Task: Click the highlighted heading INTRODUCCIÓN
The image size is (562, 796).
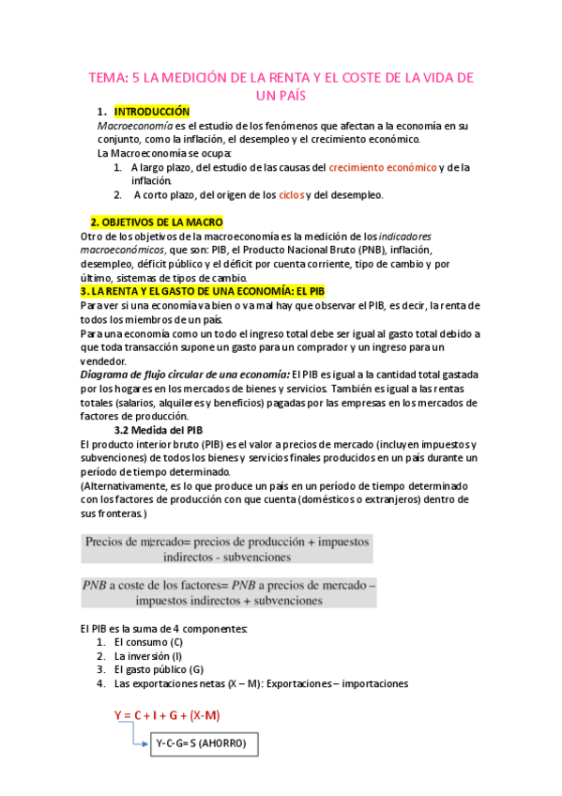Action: (164, 112)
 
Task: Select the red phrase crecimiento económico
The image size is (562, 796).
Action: (382, 167)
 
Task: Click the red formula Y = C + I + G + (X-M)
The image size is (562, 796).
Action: (167, 715)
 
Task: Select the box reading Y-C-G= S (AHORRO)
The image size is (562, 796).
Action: (200, 743)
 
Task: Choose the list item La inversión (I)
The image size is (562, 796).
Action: (148, 656)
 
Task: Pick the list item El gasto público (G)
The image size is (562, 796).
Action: (159, 670)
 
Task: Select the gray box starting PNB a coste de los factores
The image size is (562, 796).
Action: (228, 593)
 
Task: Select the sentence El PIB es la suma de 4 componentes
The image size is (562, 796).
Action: (164, 628)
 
